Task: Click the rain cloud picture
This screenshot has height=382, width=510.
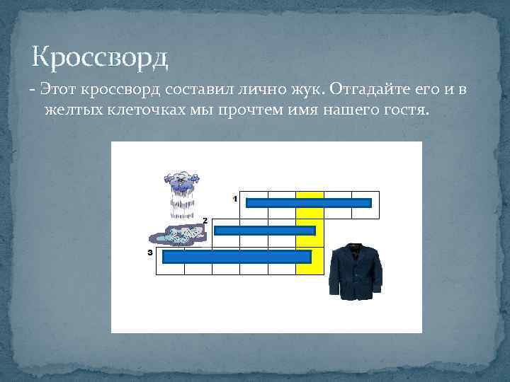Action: (182, 194)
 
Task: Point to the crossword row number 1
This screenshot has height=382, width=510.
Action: (234, 199)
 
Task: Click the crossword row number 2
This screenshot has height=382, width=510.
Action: (205, 221)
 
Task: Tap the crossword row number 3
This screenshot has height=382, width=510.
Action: (150, 252)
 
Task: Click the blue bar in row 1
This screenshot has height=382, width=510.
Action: (308, 204)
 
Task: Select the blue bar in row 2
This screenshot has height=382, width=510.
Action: (264, 231)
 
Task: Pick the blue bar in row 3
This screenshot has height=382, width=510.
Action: (237, 257)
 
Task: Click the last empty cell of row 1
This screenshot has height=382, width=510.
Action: (365, 212)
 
